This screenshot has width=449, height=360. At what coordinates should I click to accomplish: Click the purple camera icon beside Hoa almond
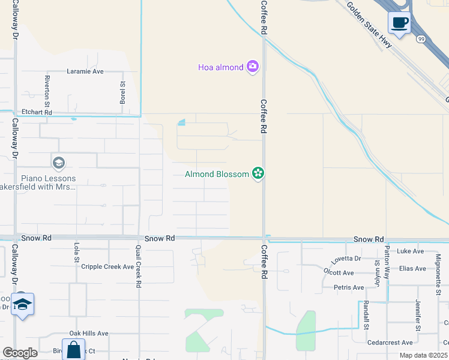253,67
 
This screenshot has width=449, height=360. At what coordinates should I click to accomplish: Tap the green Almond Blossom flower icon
258,174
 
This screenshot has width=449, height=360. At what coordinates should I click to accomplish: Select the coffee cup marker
399,23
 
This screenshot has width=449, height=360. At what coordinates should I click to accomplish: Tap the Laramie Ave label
85,71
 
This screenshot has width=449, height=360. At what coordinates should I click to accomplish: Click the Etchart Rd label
37,112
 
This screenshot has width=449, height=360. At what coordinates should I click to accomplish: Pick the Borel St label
122,92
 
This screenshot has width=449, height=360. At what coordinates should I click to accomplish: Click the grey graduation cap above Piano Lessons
58,163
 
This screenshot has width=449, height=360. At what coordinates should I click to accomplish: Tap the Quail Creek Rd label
138,268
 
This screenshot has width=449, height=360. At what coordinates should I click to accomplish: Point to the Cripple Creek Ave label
107,266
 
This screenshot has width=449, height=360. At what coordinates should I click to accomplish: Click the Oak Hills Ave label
88,333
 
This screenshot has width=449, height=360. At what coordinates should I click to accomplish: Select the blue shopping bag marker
74,350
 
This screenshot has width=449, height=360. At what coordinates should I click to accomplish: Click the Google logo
20,353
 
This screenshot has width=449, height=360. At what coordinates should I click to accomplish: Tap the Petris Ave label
349,287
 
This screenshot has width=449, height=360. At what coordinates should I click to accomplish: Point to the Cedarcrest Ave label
390,343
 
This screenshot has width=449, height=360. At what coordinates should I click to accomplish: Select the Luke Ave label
411,251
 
